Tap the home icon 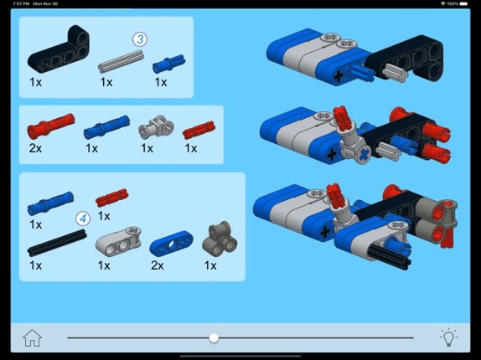(32, 338)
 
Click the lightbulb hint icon (448, 337)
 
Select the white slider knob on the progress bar (214, 338)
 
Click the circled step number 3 (140, 39)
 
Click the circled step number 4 (83, 219)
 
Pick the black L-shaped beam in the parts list (59, 49)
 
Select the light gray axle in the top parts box (121, 62)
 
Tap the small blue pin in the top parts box (168, 64)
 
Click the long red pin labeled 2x (50, 126)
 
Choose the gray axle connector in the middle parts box (156, 127)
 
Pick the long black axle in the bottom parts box (57, 243)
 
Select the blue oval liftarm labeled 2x (171, 244)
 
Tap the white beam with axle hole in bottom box (118, 242)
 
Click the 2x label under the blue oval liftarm (158, 265)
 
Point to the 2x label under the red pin (35, 148)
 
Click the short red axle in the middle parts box (199, 130)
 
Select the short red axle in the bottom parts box (112, 198)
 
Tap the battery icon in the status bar (463, 3)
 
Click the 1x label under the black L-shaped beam (35, 82)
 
